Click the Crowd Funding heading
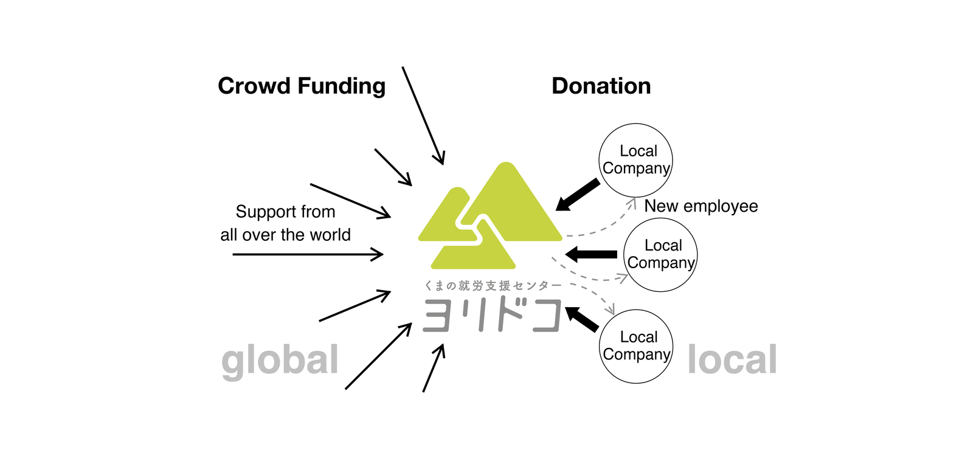[302, 86]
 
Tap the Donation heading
[601, 86]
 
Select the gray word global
[280, 360]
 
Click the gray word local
[732, 359]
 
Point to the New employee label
[701, 206]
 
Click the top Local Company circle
[636, 160]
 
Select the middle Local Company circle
[660, 255]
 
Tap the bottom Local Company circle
[636, 346]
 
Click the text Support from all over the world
[285, 223]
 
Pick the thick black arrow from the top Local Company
[578, 195]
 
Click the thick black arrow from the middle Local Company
[591, 254]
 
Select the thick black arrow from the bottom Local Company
[582, 319]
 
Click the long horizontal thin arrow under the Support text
[308, 254]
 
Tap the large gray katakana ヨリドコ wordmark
[491, 315]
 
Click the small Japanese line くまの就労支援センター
[493, 285]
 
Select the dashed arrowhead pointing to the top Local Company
[632, 203]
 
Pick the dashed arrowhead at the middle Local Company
[622, 278]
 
